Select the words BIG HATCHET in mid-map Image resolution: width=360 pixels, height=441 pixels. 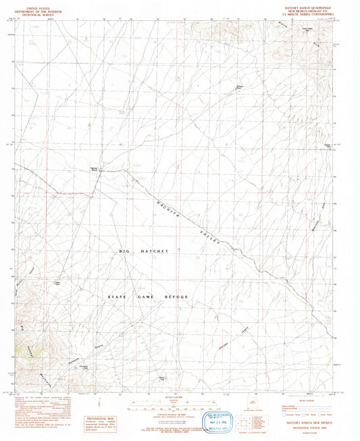coord(143,251)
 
